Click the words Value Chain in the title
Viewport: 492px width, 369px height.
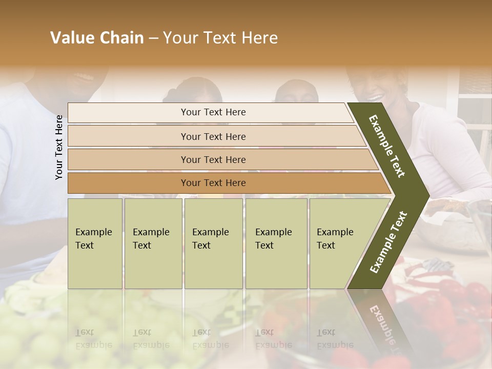coord(97,38)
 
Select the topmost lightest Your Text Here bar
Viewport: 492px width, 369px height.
coord(213,112)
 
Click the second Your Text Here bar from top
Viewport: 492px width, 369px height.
coord(213,136)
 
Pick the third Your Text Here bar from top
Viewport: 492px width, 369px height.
coord(213,159)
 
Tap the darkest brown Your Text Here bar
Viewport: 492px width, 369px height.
coord(213,183)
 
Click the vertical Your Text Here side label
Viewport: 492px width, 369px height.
coord(59,147)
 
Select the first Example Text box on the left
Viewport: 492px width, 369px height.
coord(95,243)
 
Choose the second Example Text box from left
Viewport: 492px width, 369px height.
coord(153,243)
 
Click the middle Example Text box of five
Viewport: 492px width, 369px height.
coord(213,243)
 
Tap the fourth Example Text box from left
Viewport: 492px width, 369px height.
coord(276,243)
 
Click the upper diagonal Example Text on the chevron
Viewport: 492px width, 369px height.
coord(387,146)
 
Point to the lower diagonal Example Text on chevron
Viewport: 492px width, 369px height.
coord(388,242)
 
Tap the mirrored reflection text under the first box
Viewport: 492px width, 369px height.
coord(93,339)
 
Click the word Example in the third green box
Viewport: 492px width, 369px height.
coord(210,232)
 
